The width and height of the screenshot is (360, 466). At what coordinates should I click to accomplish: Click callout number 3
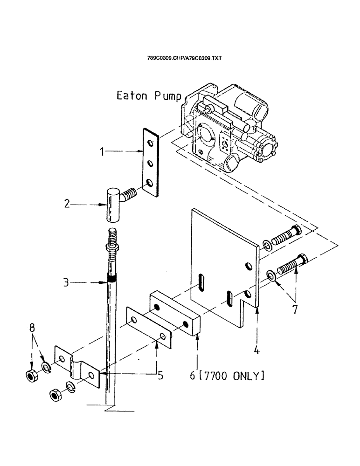coord(67,282)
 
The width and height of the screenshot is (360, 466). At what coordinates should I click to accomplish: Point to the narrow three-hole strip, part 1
coord(149,163)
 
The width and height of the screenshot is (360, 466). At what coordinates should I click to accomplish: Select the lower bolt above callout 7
coord(290,268)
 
